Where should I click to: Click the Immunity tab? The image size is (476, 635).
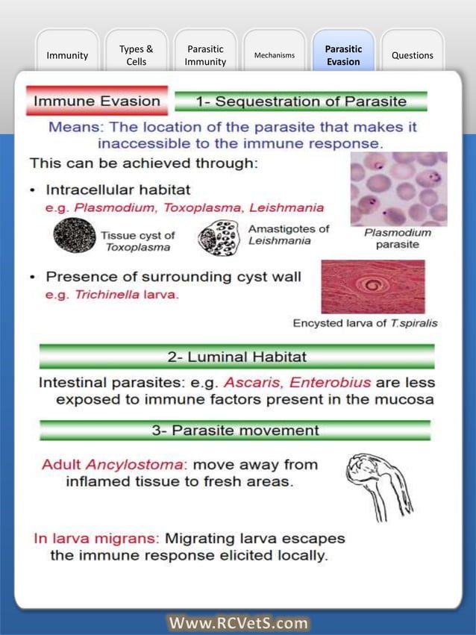(x=67, y=55)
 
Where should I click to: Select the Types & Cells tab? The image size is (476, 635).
(x=136, y=55)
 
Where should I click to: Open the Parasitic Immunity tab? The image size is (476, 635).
(x=205, y=55)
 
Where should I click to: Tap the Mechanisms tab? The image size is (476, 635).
(x=274, y=55)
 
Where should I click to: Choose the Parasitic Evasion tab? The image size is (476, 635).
(x=343, y=55)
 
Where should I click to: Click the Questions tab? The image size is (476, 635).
(x=412, y=55)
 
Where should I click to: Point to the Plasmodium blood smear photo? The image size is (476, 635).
(x=398, y=189)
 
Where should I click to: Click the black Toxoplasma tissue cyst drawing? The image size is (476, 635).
(x=74, y=237)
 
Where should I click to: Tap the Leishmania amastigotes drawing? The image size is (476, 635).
(x=218, y=238)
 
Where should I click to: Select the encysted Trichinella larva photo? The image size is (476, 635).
(x=372, y=286)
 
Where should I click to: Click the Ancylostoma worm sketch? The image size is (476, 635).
(x=378, y=485)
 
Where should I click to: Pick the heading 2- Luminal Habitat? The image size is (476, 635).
(x=237, y=357)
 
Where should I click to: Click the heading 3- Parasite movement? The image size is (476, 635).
(x=235, y=431)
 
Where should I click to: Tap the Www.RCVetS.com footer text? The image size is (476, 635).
(x=238, y=622)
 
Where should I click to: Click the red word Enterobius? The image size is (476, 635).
(x=330, y=383)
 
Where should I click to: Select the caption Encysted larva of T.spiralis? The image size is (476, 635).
(x=365, y=323)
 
